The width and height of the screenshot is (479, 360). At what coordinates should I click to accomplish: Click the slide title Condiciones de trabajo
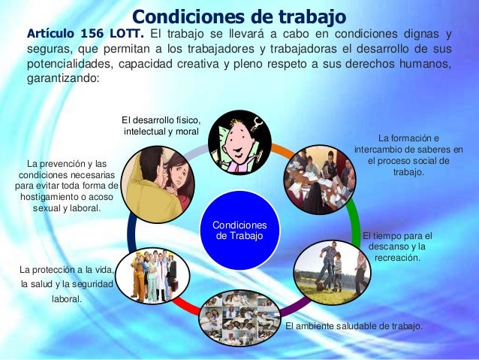[239, 17]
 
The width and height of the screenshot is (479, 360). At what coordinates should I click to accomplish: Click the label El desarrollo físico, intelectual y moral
[162, 126]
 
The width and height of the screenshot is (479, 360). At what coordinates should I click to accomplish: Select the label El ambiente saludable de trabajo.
[354, 326]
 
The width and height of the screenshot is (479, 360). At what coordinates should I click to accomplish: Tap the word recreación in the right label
[397, 258]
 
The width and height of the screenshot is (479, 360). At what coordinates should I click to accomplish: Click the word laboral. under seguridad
[67, 298]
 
